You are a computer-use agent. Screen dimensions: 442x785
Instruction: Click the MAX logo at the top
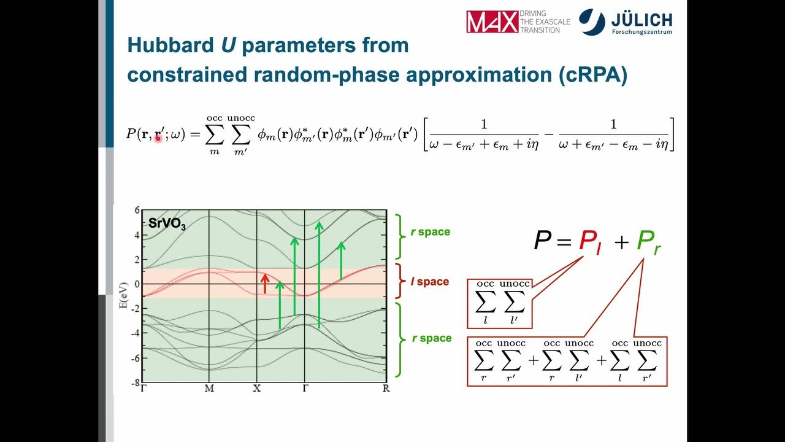[x=492, y=21]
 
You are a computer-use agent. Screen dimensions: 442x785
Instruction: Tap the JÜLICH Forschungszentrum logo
[x=626, y=22]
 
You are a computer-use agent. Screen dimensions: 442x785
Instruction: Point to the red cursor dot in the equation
[x=158, y=139]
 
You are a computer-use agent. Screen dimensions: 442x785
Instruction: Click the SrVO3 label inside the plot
[x=167, y=223]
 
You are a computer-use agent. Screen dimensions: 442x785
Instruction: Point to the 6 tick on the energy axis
[x=137, y=211]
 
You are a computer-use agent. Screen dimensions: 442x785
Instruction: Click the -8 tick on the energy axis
[x=135, y=383]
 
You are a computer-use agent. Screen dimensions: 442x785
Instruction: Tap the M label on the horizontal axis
[x=209, y=389]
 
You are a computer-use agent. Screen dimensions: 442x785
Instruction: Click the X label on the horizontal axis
[x=256, y=389]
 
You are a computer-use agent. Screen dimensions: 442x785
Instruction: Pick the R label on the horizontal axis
[x=386, y=389]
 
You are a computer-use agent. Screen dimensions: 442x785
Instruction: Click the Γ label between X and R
[x=305, y=389]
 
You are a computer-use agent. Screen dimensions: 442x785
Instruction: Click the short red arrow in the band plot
[x=265, y=284]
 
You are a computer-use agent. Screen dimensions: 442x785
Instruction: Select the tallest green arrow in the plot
[x=319, y=274]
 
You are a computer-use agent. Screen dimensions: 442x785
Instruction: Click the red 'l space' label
[x=429, y=282]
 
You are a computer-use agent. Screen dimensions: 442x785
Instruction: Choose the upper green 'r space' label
[x=430, y=232]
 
